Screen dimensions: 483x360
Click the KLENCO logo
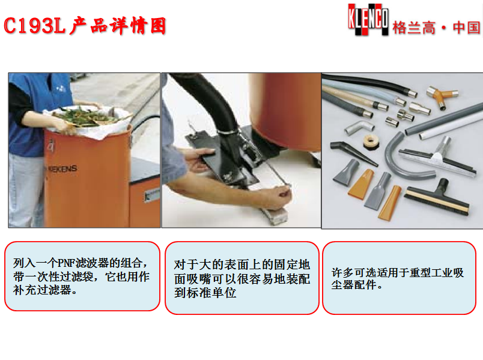coord(368,19)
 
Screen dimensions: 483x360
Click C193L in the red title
coord(34,26)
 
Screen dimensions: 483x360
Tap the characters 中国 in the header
coord(466,28)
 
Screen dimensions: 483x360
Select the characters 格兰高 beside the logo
coord(414,28)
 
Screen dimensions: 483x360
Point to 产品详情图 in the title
coord(118,26)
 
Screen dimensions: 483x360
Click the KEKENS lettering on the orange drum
coord(62,169)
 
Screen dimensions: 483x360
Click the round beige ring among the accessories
coord(370,142)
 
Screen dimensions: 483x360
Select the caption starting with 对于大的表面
coord(242,278)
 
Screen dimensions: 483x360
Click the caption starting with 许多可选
coord(397,278)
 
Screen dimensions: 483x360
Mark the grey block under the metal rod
coord(274,215)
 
